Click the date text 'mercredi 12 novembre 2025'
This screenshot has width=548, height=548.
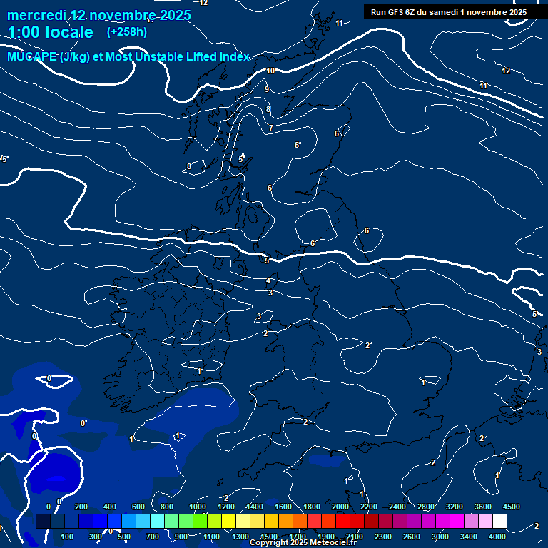[99, 15]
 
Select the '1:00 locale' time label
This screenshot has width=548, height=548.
[50, 32]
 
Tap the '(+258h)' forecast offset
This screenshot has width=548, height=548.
[126, 32]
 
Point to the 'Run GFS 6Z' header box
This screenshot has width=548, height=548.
[449, 11]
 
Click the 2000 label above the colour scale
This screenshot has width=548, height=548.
[340, 507]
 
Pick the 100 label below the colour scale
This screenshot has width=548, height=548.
[68, 537]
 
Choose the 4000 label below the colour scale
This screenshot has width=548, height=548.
[497, 537]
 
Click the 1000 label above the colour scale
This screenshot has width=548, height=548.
[198, 507]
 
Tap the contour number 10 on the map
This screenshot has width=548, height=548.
[270, 71]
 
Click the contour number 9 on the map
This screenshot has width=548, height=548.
[267, 90]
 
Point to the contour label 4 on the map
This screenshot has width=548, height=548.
[268, 280]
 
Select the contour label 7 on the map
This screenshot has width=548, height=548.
[271, 128]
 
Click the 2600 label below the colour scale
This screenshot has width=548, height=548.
[411, 537]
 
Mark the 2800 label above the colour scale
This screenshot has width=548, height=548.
[426, 507]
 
